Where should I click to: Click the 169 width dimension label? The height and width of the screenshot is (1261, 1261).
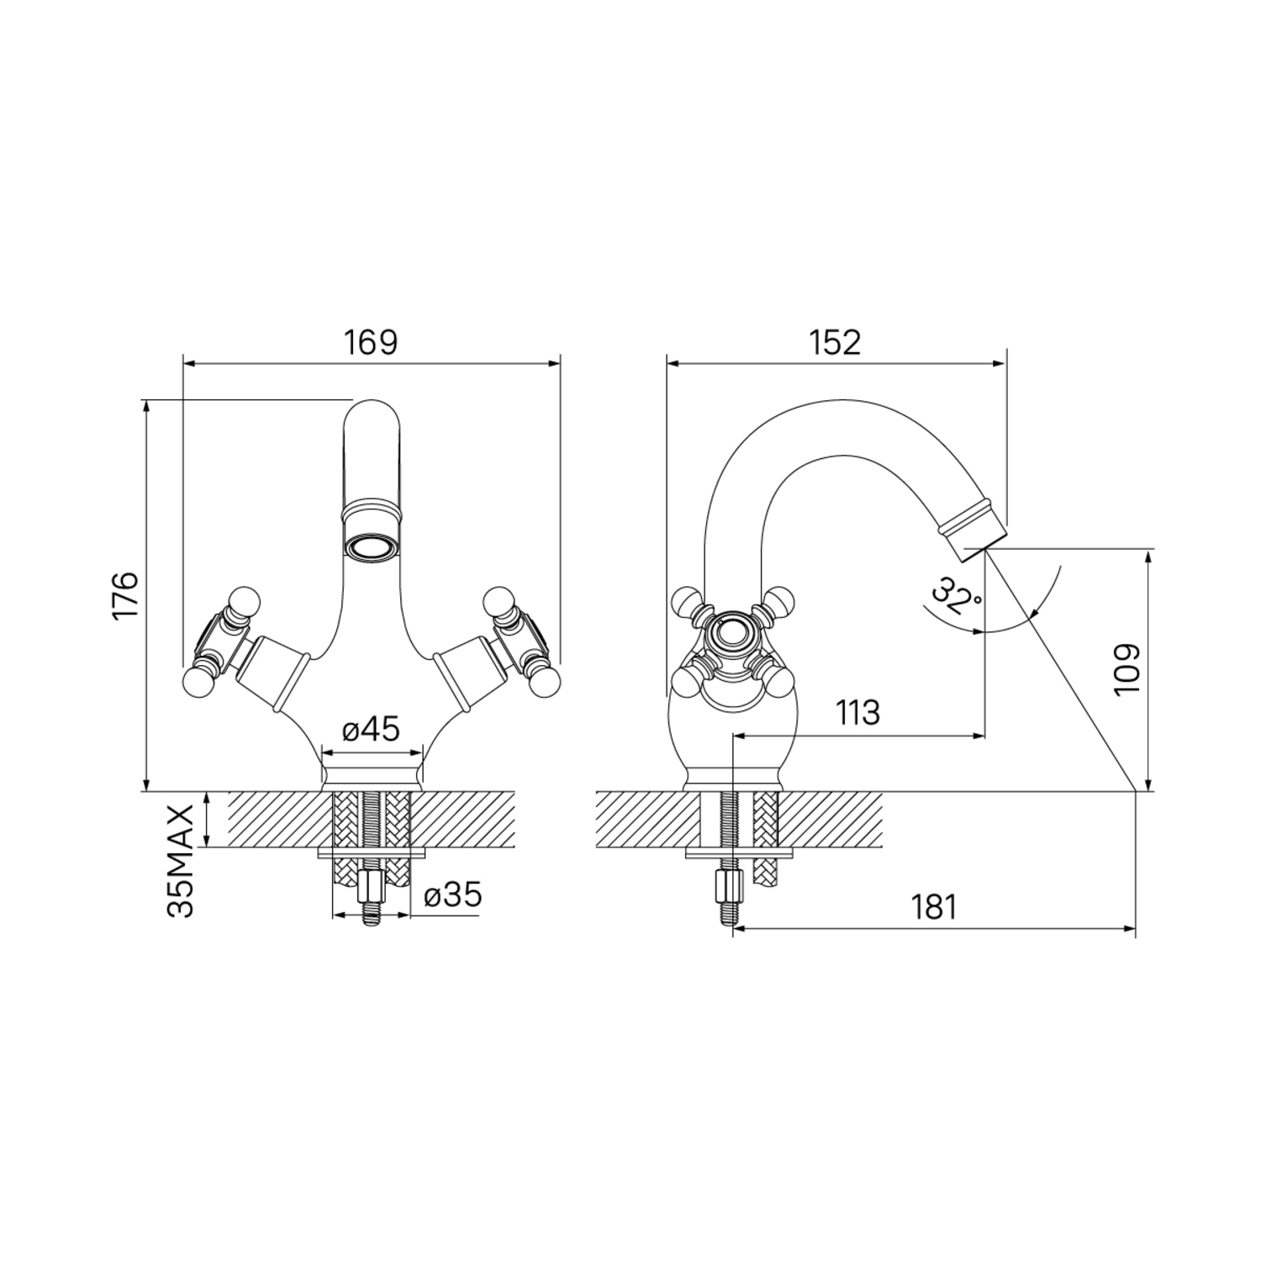point(372,343)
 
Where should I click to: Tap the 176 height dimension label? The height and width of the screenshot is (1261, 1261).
point(126,596)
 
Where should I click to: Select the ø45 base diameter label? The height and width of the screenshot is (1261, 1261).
point(371,730)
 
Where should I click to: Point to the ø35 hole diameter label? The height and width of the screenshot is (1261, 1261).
point(453,895)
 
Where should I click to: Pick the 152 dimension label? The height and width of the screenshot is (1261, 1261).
point(835,343)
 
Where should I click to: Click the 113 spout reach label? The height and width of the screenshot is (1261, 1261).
point(857,713)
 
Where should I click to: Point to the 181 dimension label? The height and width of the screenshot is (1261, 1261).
point(933,906)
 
